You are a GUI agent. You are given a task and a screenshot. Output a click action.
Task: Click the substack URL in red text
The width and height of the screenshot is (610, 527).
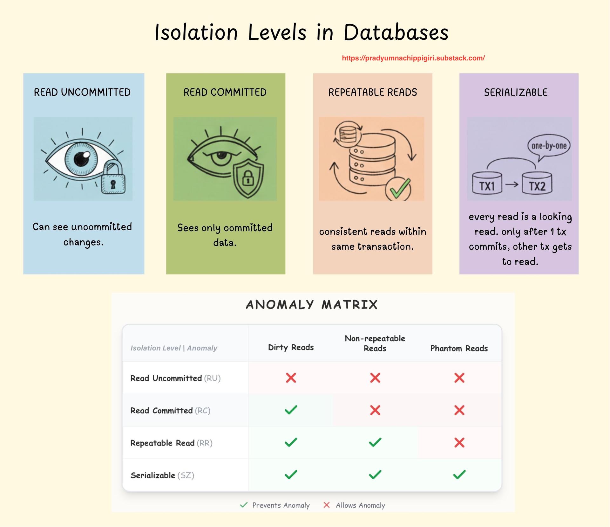point(413,58)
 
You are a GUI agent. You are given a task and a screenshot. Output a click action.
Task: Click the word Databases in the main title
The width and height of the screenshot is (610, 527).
point(396,33)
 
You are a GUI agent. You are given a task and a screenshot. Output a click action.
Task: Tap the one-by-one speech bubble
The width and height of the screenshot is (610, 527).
point(549,146)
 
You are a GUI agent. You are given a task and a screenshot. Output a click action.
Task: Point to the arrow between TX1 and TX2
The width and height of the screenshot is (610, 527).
point(512,184)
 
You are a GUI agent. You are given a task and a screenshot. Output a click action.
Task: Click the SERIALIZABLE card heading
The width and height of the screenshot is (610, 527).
point(516,93)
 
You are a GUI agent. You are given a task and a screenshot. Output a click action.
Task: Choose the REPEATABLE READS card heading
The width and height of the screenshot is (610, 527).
point(372,93)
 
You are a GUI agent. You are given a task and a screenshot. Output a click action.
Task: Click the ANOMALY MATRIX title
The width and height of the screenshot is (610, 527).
point(312,305)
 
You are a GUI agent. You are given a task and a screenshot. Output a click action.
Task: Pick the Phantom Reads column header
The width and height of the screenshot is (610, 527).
point(459,348)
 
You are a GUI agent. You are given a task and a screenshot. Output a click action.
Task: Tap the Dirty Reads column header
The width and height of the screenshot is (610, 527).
point(291,347)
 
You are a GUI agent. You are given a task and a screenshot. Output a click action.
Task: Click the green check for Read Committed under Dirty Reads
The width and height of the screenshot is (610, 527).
point(291,410)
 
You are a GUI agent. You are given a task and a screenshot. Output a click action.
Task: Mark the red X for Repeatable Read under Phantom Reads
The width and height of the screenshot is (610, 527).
point(459,442)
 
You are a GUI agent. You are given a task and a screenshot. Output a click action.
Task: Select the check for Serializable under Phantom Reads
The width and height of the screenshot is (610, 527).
point(459,475)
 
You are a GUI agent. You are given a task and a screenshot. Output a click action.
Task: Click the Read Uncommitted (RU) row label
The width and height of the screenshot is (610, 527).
point(175,378)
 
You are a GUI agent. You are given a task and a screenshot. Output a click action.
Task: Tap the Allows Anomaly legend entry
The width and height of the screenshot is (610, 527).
point(355,505)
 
